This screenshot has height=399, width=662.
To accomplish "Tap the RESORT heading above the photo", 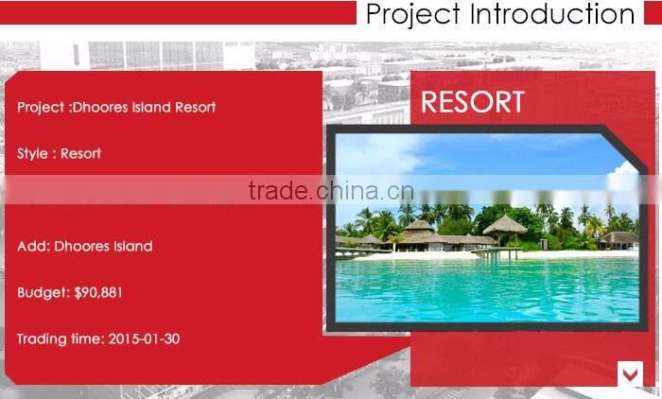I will pos(472,102).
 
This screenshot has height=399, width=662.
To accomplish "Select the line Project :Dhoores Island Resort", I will pos(116,107).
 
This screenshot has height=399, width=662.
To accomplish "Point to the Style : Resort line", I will pos(59,153).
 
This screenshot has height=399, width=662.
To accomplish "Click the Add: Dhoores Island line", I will pos(84,247).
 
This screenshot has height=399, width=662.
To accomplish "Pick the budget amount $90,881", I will pos(98,293).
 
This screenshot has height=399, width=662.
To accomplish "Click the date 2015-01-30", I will pos(144,338).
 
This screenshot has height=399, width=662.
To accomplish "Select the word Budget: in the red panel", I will pos(43,293).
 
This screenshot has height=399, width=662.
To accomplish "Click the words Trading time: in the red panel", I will pos(60,338).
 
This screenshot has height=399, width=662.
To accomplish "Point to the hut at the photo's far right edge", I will pos(619,238).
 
